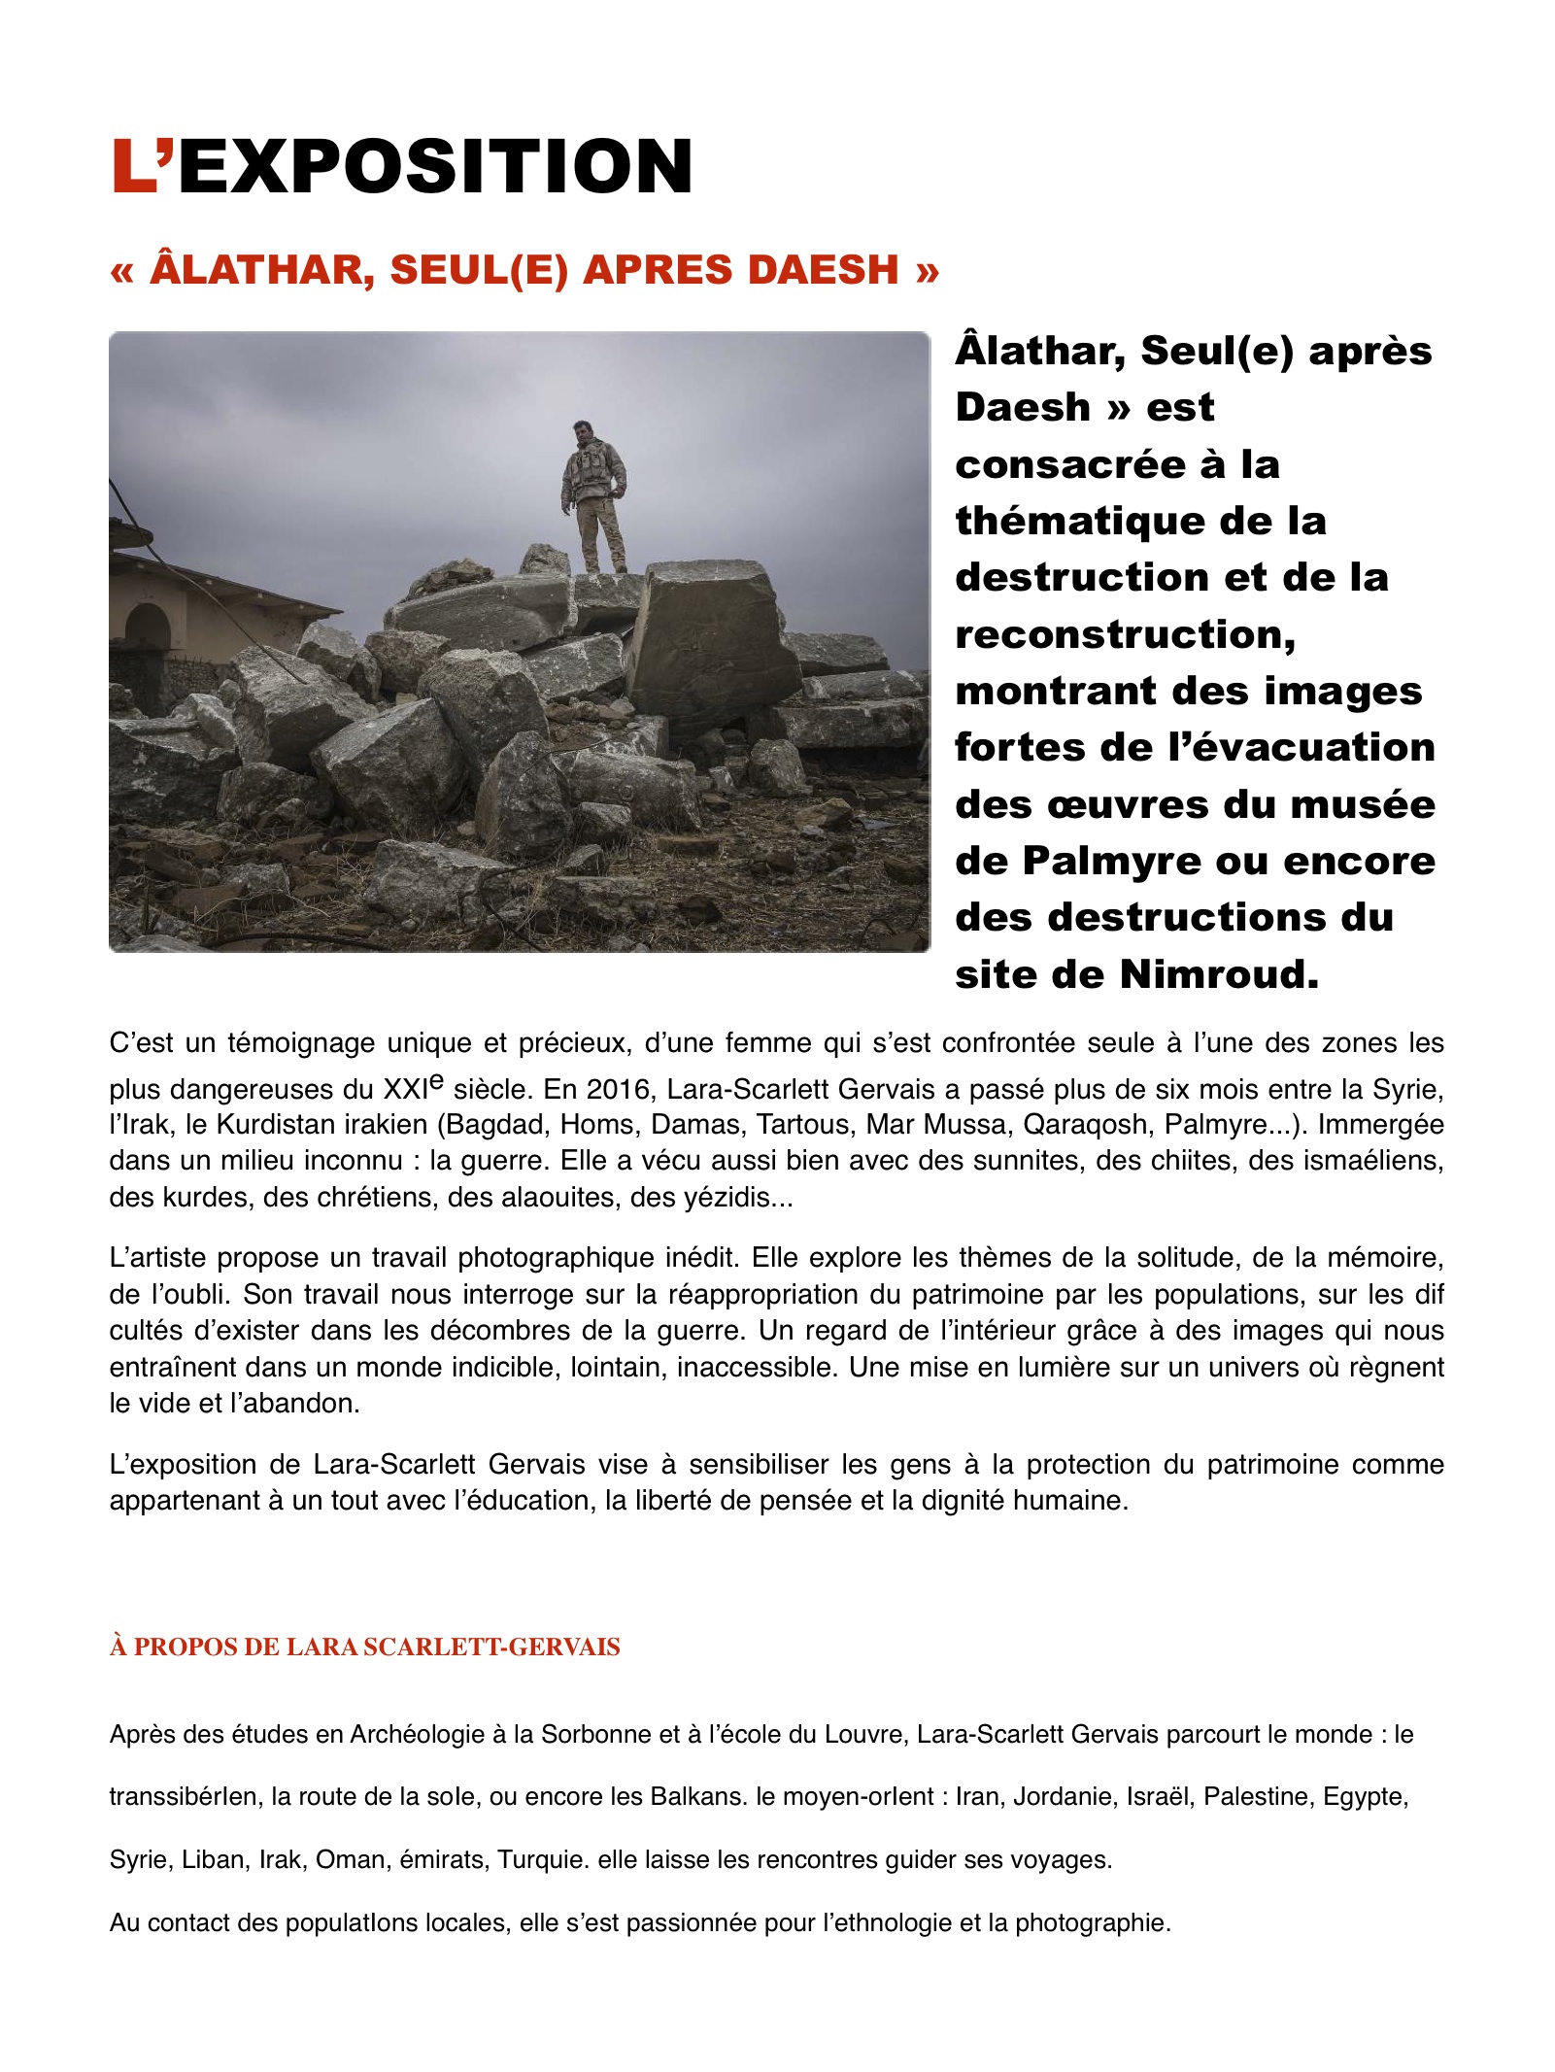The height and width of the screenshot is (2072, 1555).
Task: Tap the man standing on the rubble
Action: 593,495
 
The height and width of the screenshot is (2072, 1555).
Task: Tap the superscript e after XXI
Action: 437,1080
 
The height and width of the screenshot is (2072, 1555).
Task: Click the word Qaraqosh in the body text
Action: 1086,1125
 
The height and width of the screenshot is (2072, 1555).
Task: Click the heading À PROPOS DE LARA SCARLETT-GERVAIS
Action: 364,1647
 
